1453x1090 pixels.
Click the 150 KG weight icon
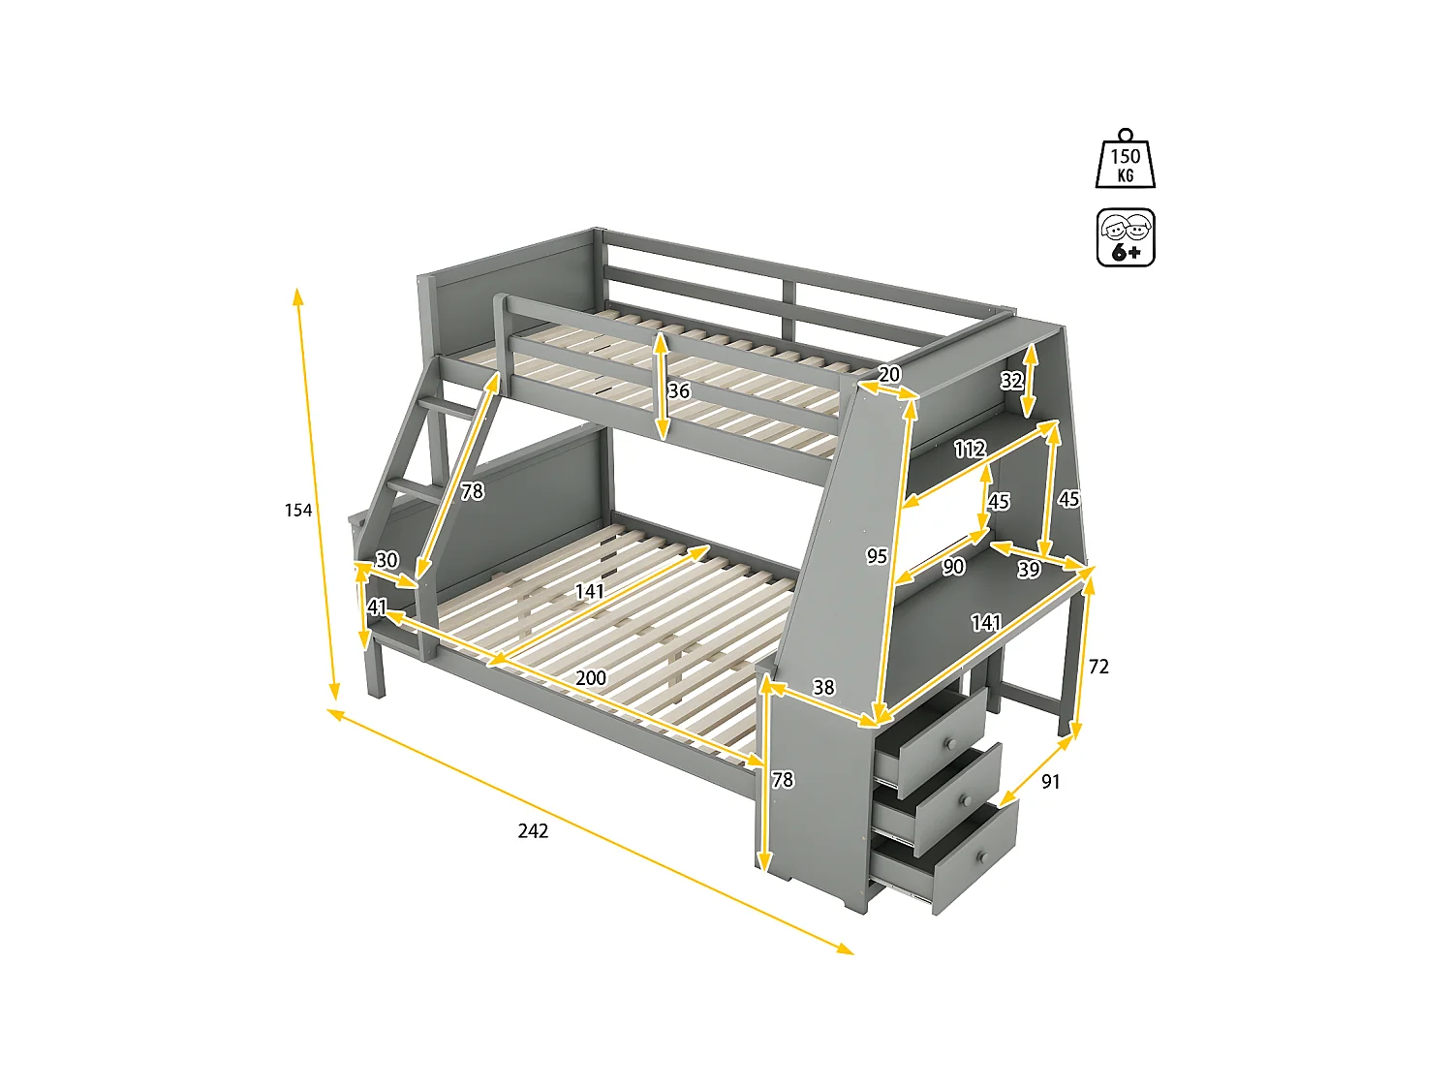[1125, 160]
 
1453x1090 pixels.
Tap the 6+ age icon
[1126, 237]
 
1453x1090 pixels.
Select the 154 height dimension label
[298, 510]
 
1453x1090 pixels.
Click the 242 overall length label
[533, 830]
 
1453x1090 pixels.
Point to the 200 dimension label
[591, 677]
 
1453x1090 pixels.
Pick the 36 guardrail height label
[679, 390]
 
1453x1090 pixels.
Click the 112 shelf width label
[970, 449]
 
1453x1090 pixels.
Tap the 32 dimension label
[1011, 380]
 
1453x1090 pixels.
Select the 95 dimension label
[877, 555]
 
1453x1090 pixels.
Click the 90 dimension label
[953, 566]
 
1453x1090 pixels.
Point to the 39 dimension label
[1029, 570]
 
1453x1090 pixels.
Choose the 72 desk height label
[1098, 666]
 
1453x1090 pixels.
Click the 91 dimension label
[1051, 781]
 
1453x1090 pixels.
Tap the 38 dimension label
[823, 687]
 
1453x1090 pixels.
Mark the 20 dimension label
[889, 374]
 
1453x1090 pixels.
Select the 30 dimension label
[386, 560]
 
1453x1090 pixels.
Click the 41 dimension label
[378, 607]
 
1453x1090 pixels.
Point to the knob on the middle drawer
[965, 801]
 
